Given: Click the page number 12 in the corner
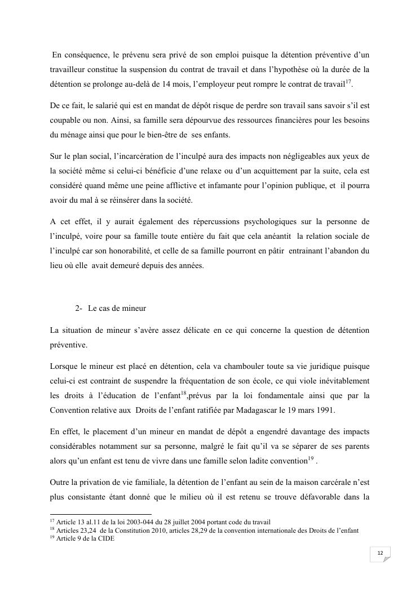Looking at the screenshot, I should point(380,554).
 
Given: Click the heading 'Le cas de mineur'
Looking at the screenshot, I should point(117,308).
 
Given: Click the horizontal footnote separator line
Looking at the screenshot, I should point(101,514).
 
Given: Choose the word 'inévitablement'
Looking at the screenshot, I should point(342,381).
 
